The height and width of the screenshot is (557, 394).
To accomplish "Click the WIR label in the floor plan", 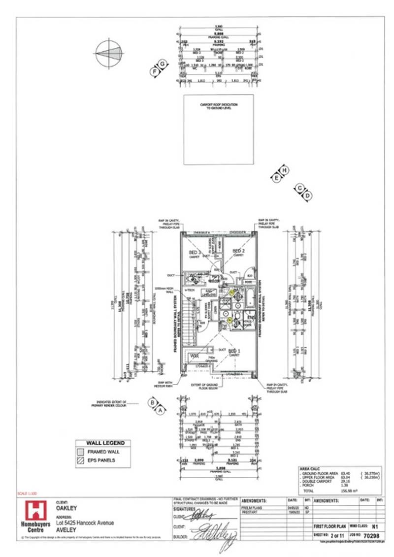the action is [195, 355].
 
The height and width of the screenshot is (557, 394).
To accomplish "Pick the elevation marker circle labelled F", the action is [155, 71].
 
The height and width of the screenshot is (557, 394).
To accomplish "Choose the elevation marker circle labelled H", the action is [284, 169].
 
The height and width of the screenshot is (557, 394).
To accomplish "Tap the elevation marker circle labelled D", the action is [307, 196].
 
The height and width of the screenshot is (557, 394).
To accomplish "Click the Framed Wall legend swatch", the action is [80, 452].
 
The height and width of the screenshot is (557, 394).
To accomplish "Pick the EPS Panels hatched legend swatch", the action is [80, 460].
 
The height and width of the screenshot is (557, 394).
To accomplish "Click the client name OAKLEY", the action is [66, 507].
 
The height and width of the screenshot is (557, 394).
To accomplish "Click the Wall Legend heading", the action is [102, 443].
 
